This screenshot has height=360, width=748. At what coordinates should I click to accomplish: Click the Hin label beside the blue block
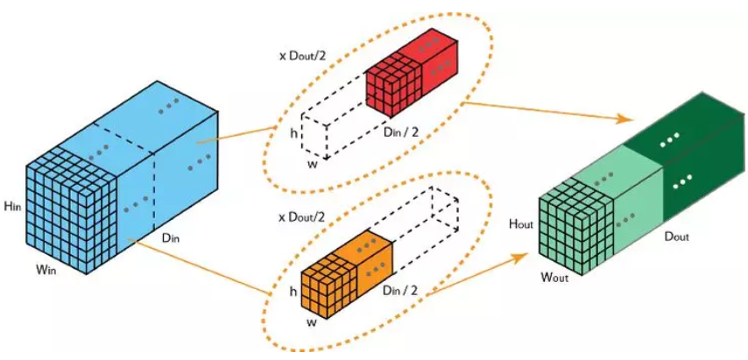11,207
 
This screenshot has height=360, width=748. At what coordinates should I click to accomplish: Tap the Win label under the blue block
47,271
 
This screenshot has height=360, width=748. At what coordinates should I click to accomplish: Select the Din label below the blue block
170,238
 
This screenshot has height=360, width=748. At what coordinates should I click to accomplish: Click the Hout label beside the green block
520,223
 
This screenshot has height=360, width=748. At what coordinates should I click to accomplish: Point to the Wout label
554,277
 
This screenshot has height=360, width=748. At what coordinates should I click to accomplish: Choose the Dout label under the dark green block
676,236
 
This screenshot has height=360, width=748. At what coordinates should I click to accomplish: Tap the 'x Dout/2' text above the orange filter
302,218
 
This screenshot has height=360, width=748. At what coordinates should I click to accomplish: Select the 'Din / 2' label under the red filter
401,133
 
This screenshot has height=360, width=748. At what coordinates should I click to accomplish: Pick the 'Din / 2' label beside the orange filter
400,290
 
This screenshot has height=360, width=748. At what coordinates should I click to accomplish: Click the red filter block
411,75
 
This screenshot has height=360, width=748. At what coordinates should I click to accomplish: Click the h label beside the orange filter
293,292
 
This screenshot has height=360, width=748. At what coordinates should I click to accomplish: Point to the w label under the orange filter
312,322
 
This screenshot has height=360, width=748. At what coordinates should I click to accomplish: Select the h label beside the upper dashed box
293,134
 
